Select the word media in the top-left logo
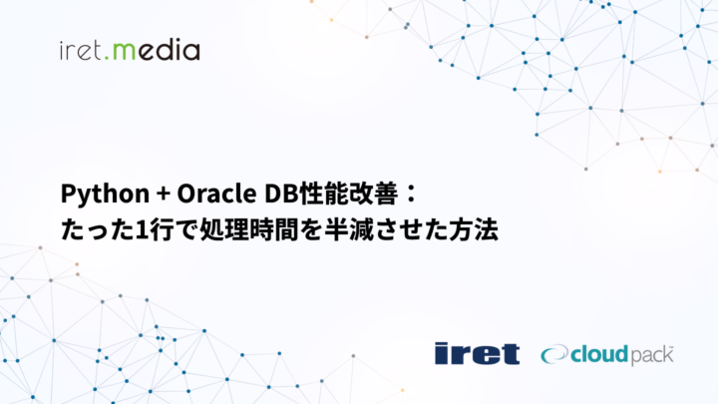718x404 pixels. pyautogui.click(x=154, y=49)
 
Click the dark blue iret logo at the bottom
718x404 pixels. pyautogui.click(x=476, y=353)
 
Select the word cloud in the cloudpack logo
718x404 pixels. pyautogui.click(x=596, y=353)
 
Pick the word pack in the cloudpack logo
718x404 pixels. pyautogui.click(x=651, y=355)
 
